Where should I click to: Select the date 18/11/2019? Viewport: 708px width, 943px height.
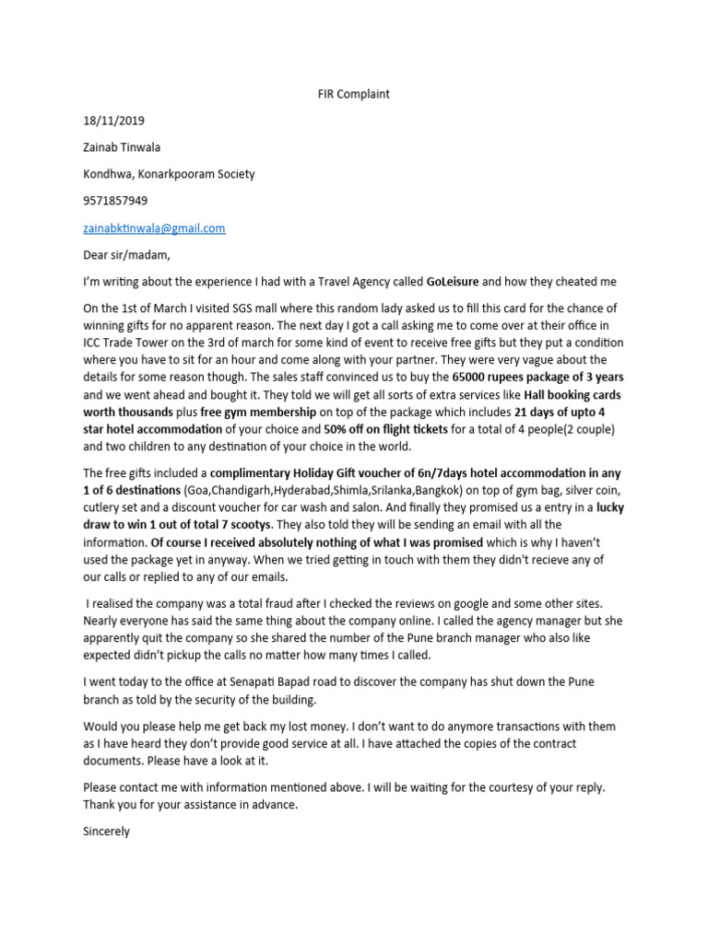113,121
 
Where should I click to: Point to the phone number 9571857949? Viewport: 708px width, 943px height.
115,201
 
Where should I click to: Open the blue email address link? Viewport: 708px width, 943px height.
154,227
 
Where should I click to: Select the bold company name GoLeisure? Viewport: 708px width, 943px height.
452,281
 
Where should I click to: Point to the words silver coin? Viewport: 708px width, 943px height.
596,490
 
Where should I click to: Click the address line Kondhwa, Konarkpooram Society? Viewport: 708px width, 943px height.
169,174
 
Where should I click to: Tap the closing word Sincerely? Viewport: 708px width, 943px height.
106,831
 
